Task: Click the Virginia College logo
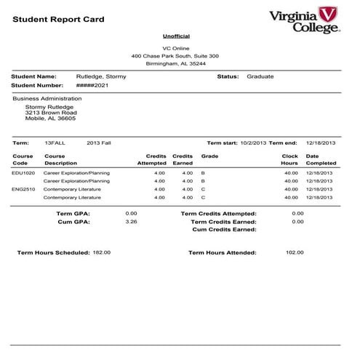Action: click(304, 20)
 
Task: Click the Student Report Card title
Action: click(58, 19)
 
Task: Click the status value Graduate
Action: click(260, 76)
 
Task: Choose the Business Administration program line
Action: click(47, 98)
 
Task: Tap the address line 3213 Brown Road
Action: click(51, 113)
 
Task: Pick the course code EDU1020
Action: click(23, 173)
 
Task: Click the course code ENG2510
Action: click(23, 189)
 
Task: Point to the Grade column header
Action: click(209, 156)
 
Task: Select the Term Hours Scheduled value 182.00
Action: click(102, 252)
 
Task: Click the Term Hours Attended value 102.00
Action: click(295, 253)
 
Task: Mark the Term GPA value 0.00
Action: click(132, 213)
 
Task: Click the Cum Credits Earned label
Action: click(224, 229)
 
